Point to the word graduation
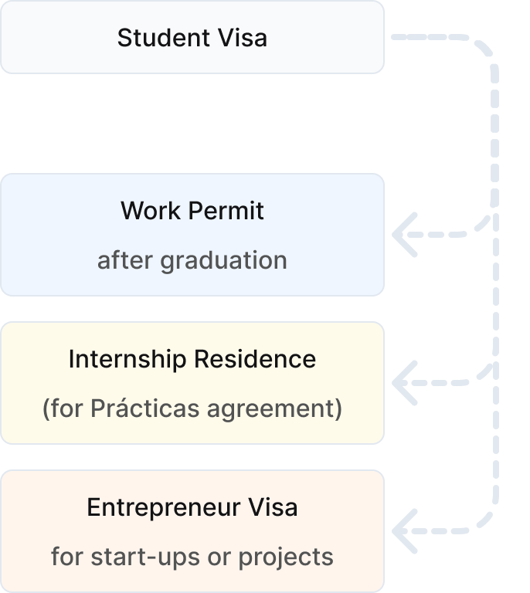click(223, 260)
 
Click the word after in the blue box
click(124, 260)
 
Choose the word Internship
click(125, 359)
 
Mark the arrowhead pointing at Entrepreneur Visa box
click(403, 530)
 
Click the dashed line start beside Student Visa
click(396, 36)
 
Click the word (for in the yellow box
click(63, 408)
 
